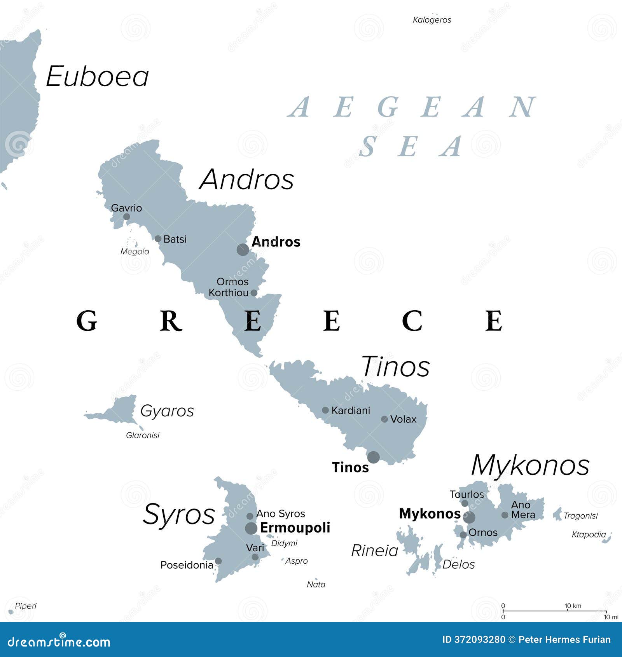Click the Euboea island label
pyautogui.click(x=97, y=77)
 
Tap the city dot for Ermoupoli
pyautogui.click(x=251, y=528)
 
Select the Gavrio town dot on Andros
pyautogui.click(x=126, y=217)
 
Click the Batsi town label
pyautogui.click(x=175, y=239)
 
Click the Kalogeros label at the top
pyautogui.click(x=432, y=20)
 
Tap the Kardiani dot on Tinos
pyautogui.click(x=325, y=410)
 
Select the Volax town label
pyautogui.click(x=403, y=419)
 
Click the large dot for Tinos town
pyautogui.click(x=374, y=457)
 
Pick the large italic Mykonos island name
pyautogui.click(x=530, y=465)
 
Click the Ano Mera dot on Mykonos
pyautogui.click(x=505, y=515)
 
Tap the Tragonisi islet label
pyautogui.click(x=580, y=515)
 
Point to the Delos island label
pyautogui.click(x=458, y=564)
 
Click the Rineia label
pyautogui.click(x=374, y=550)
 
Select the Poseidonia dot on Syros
pyautogui.click(x=218, y=561)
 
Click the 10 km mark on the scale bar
pyautogui.click(x=568, y=611)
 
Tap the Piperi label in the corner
pyautogui.click(x=26, y=606)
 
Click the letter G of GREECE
pyautogui.click(x=86, y=321)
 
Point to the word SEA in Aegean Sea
pyautogui.click(x=410, y=147)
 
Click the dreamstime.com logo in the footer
pyautogui.click(x=59, y=641)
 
